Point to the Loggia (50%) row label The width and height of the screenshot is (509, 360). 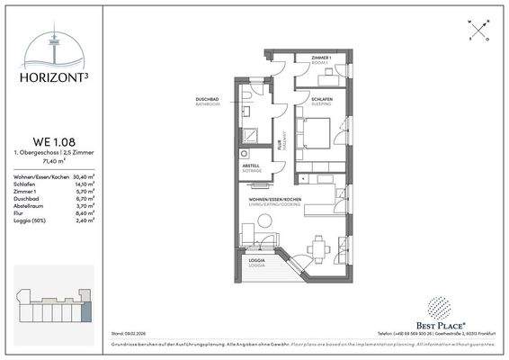pos(30,220)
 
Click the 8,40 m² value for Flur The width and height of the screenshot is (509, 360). pos(85,212)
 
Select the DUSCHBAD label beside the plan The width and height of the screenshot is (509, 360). pos(208,99)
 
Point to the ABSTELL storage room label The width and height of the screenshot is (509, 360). pos(252,166)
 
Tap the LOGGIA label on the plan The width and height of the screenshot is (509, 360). pos(258,262)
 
